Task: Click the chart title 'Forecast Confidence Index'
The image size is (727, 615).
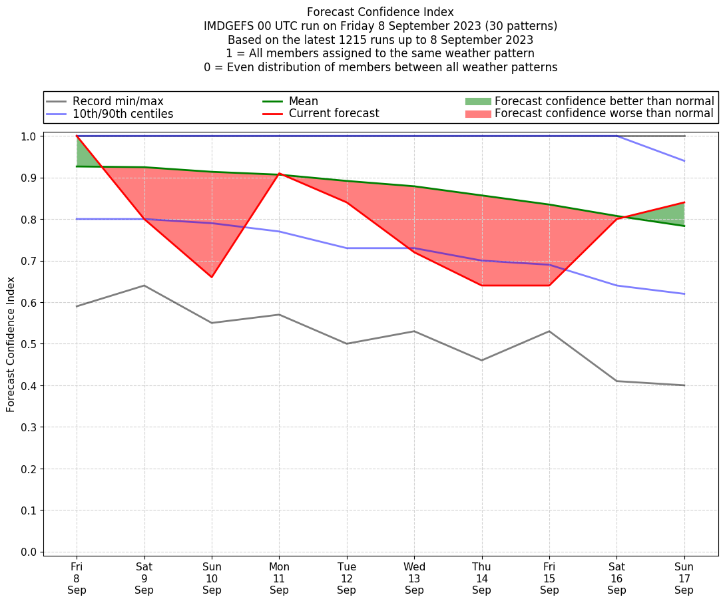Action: click(x=380, y=12)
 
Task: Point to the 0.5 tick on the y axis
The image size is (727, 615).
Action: click(x=29, y=344)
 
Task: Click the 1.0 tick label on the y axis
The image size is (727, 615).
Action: click(x=29, y=136)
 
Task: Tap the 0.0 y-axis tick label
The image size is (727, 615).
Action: click(x=29, y=552)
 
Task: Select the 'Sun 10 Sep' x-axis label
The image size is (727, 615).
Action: click(x=212, y=578)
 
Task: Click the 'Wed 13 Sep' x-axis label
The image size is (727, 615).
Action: click(x=414, y=578)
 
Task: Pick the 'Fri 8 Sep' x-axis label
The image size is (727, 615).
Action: click(x=77, y=578)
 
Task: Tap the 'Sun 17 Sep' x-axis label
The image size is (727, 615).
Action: click(x=684, y=578)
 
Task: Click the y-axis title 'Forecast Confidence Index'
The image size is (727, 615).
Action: click(x=11, y=345)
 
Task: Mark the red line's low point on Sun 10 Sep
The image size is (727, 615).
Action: click(x=212, y=277)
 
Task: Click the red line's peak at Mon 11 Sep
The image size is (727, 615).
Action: click(x=279, y=174)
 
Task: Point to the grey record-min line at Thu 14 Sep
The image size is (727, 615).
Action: click(x=481, y=360)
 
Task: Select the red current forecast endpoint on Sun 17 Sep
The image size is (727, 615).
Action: click(x=684, y=202)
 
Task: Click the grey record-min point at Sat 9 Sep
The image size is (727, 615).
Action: click(x=144, y=286)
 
